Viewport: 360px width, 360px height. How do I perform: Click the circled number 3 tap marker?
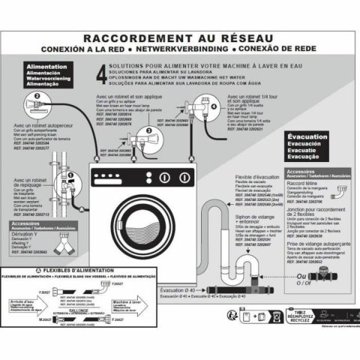148,130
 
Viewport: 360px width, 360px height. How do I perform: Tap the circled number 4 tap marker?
214,106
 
